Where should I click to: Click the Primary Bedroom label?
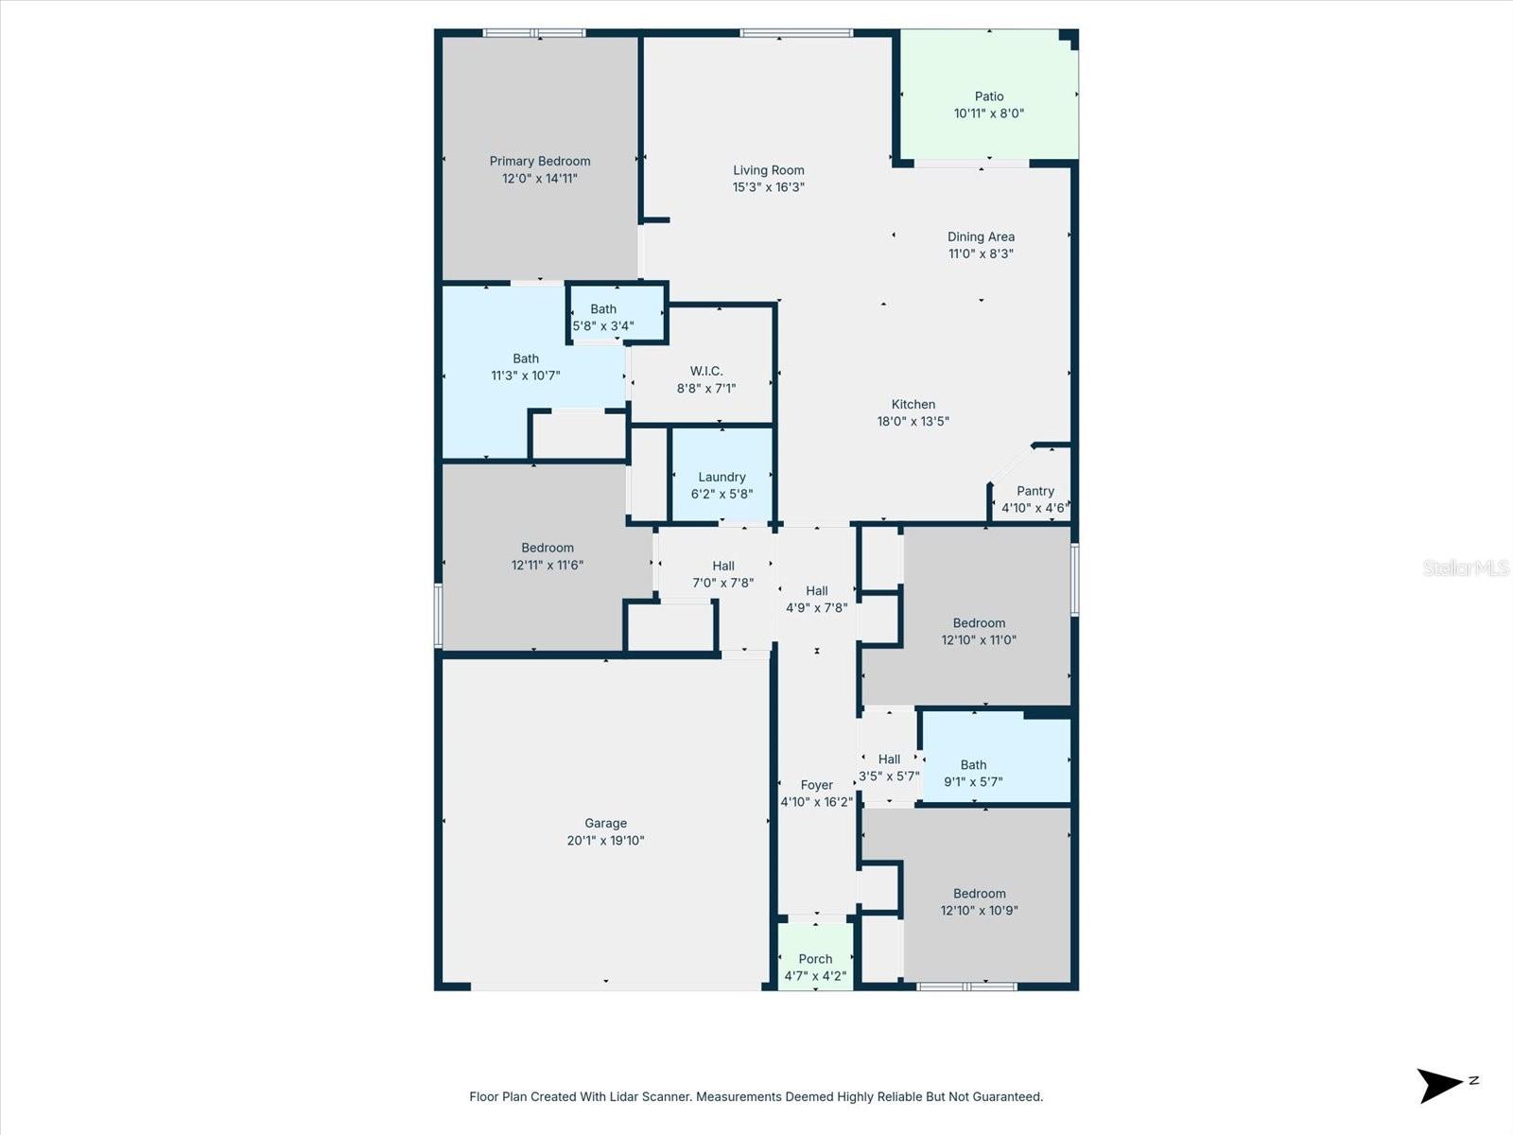tap(540, 162)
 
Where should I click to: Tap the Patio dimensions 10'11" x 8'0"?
tap(988, 113)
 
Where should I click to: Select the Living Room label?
tap(768, 170)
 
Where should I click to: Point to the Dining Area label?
tap(981, 237)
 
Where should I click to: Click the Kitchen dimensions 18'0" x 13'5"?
tap(913, 422)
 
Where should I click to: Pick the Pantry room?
tap(1035, 492)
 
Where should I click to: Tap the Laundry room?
tap(722, 478)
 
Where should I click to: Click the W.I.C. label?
tap(705, 371)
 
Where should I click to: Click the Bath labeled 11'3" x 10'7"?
tap(526, 367)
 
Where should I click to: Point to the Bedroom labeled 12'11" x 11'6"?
tap(547, 556)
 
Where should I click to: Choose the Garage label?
tap(605, 824)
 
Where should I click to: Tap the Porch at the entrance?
tap(815, 959)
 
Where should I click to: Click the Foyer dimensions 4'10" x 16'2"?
tap(816, 802)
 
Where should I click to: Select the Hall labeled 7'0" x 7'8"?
tap(722, 574)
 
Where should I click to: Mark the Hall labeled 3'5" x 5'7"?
tap(889, 767)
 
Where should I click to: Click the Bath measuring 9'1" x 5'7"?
tap(973, 774)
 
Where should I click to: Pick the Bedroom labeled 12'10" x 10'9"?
tap(979, 901)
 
